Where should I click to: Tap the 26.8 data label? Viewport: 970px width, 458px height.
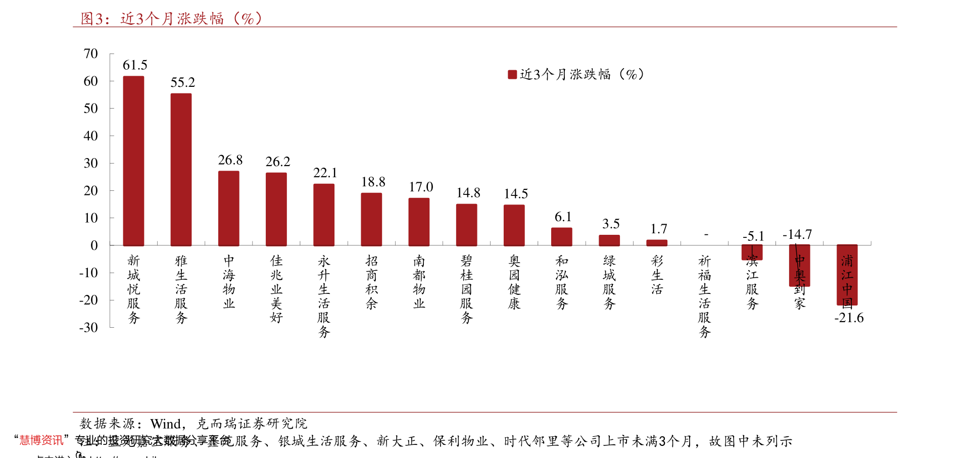click(230, 160)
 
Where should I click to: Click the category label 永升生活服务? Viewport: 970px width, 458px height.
click(324, 296)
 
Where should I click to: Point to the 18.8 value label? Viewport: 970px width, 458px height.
click(373, 182)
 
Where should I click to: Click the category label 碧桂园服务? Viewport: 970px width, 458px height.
click(466, 289)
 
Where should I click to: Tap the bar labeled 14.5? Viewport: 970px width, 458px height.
click(514, 225)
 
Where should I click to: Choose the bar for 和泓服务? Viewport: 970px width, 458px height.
click(561, 236)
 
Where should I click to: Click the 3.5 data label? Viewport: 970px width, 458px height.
click(610, 224)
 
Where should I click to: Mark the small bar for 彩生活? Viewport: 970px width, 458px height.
click(657, 243)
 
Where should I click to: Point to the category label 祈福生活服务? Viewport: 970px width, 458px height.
click(704, 296)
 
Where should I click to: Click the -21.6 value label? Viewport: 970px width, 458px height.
click(849, 318)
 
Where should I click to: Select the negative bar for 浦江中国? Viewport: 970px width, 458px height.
click(847, 275)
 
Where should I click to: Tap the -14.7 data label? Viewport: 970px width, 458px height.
click(797, 234)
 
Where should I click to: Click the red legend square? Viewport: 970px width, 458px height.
click(512, 75)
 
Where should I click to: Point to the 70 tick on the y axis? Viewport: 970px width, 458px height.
click(91, 54)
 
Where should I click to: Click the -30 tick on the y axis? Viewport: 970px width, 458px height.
click(88, 327)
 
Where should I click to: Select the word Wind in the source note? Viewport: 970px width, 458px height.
click(166, 423)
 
